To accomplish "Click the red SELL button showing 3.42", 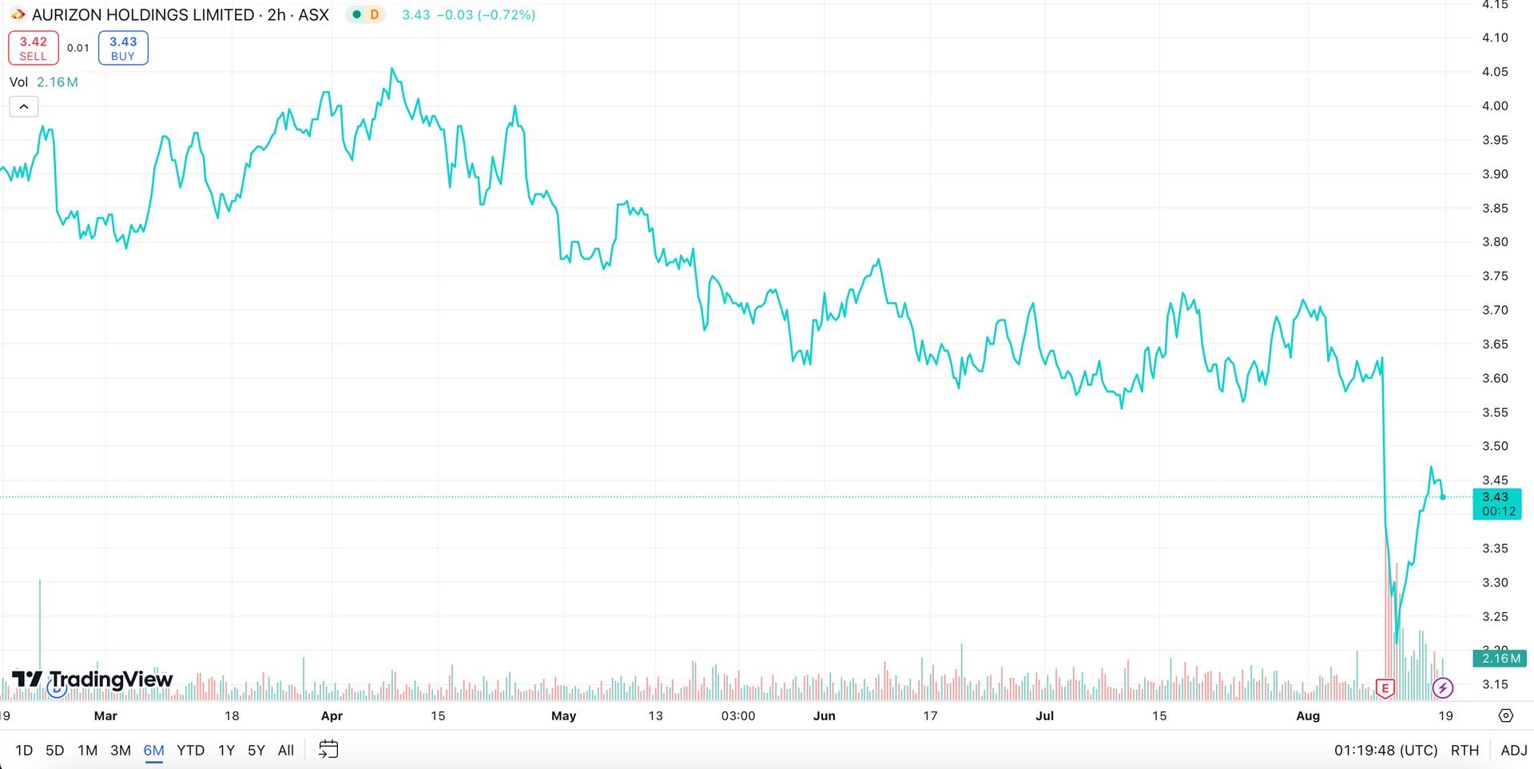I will [x=34, y=48].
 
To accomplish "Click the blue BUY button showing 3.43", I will [x=123, y=48].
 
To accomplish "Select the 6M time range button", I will [x=153, y=750].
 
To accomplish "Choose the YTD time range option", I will [x=190, y=750].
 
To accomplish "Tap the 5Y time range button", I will [x=256, y=750].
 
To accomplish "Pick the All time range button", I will [x=286, y=750].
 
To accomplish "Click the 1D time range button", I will [x=24, y=750].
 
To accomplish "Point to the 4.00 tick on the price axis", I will [x=1495, y=106].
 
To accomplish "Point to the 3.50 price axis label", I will [x=1495, y=446].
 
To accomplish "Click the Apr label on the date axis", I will [x=332, y=715].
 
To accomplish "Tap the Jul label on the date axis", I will [x=1044, y=715].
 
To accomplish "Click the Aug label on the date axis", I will [x=1308, y=715].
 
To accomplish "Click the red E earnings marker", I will [x=1385, y=687].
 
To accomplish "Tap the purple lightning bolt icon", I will [x=1443, y=687].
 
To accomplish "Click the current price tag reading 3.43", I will [x=1496, y=504].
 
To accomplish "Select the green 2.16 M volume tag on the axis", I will [x=1500, y=658].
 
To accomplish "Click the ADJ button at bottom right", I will [x=1513, y=750].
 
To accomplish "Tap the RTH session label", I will [x=1464, y=750].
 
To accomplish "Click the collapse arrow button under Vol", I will [x=24, y=106].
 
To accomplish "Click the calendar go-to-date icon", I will [x=328, y=749].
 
